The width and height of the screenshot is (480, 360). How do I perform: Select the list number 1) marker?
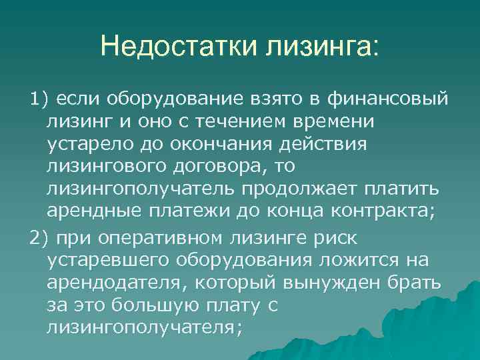pyautogui.click(x=39, y=100)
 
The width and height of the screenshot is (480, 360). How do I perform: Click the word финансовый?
pyautogui.click(x=389, y=100)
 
